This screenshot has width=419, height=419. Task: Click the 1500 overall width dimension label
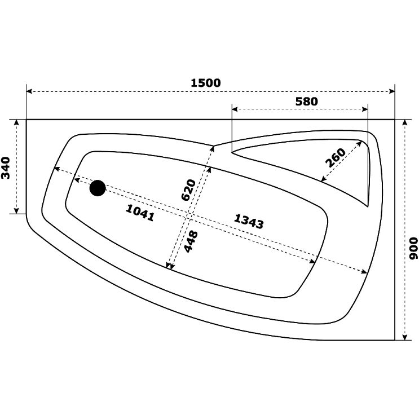206,83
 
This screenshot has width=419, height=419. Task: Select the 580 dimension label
307,102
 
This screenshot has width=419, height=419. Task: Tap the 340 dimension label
6,168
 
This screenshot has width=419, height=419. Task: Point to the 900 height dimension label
413,248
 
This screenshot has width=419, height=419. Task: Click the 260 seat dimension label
336,157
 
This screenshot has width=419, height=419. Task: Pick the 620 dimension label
188,189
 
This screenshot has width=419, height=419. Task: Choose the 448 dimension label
191,241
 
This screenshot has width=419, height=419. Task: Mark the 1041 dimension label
140,213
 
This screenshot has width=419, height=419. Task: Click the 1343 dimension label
249,222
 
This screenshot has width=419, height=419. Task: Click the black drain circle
98,188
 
